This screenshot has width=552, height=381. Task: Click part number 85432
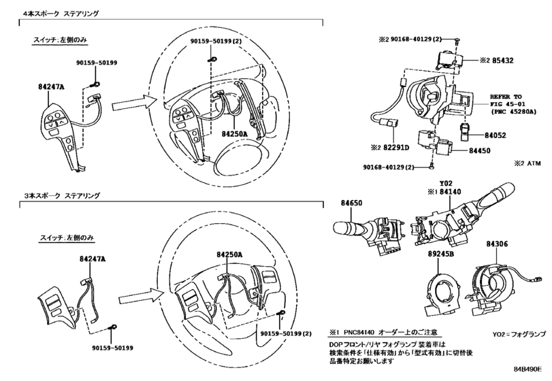click(503, 61)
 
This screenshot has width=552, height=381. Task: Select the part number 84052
click(496, 135)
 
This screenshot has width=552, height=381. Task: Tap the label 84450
click(479, 150)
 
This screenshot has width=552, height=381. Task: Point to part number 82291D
click(396, 148)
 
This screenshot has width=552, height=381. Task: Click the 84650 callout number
click(351, 203)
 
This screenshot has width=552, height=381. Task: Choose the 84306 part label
click(497, 244)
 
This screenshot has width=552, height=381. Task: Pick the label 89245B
click(441, 254)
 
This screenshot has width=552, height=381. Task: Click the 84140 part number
click(451, 192)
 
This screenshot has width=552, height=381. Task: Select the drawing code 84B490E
click(527, 369)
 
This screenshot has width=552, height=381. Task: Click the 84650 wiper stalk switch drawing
click(370, 233)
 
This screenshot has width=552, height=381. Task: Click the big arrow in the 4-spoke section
click(134, 103)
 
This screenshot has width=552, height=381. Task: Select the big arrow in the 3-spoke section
click(142, 297)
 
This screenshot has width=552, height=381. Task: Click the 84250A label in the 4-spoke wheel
click(235, 134)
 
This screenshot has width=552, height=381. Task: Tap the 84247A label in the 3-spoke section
click(93, 259)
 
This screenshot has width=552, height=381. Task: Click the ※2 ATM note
click(527, 163)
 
